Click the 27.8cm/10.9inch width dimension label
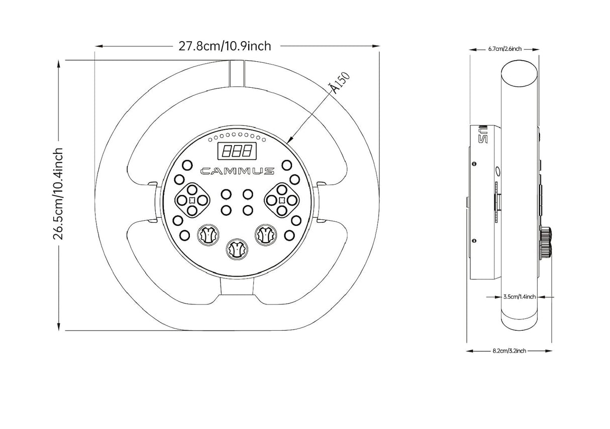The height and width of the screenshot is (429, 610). [225, 46]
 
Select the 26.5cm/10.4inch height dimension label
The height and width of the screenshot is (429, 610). [58, 194]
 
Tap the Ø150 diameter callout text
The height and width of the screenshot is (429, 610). [340, 83]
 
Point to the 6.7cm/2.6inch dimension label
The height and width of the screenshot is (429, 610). [504, 49]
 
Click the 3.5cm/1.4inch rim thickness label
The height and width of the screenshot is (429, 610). [520, 297]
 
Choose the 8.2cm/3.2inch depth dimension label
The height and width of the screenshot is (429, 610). [509, 351]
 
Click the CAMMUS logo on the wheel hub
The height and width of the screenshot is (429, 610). [237, 171]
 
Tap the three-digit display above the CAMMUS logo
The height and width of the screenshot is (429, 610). [237, 151]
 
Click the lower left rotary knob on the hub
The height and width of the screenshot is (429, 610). [208, 235]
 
